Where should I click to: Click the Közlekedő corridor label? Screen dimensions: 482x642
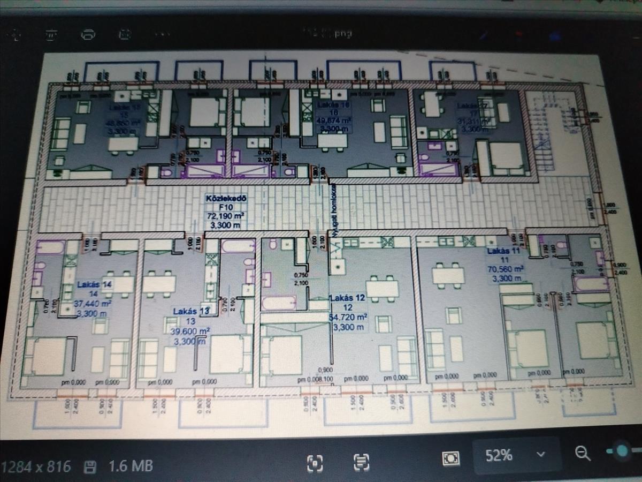click(x=226, y=199)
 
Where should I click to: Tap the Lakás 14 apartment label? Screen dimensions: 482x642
click(x=94, y=284)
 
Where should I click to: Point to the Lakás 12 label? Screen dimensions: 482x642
click(x=347, y=298)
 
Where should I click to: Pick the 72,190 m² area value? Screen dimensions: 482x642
click(x=226, y=216)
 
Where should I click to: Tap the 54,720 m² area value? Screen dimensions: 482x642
click(x=347, y=317)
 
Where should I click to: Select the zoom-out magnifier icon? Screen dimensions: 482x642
click(x=583, y=454)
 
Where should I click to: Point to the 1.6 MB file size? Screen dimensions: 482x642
click(x=131, y=465)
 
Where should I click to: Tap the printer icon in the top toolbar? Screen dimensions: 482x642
click(x=88, y=34)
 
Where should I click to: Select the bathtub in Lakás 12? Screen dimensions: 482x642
click(x=279, y=303)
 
